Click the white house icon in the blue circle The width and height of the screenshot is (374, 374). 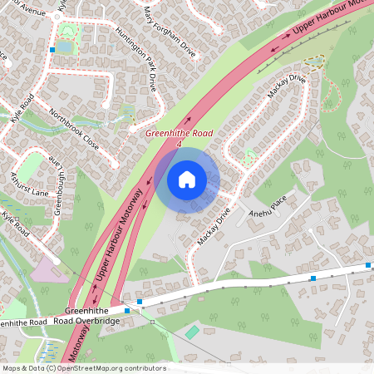187,180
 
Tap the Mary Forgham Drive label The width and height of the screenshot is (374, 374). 170,32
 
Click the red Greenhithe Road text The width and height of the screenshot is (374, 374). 179,133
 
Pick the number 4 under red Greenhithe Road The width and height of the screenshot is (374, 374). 179,144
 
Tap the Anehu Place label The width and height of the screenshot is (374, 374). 266,214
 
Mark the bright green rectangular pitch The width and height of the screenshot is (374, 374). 192,332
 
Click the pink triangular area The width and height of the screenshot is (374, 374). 46,270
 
